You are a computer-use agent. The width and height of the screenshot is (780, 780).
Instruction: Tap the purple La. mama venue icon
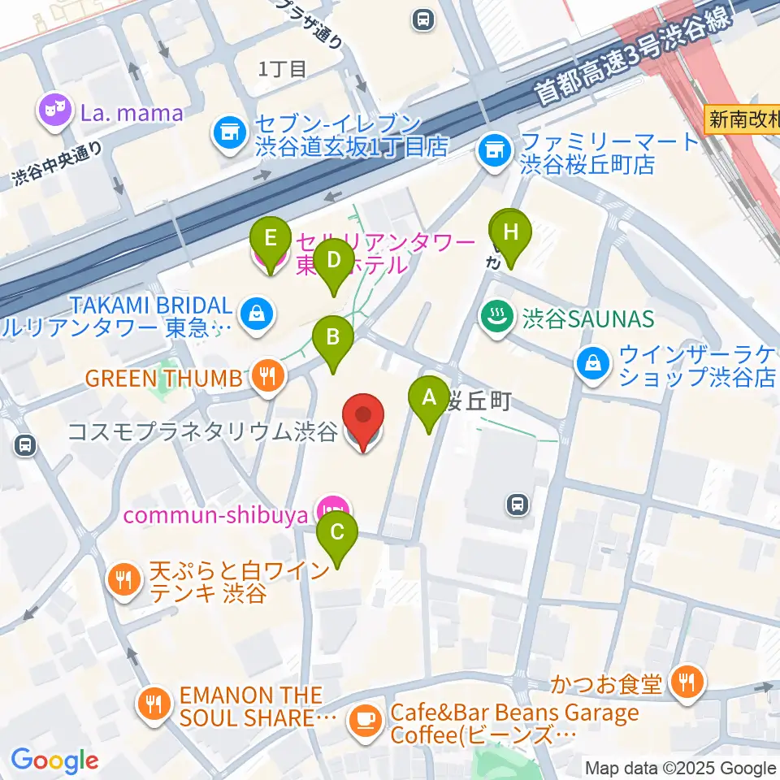click(55, 113)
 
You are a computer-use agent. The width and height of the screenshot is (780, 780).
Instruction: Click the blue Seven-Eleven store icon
click(227, 135)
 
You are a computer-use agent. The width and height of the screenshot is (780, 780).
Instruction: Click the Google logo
click(54, 760)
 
